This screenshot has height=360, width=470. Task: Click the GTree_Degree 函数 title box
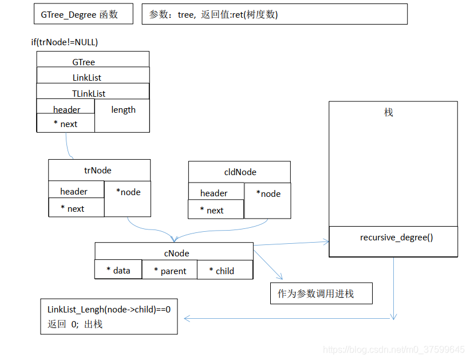[84, 14]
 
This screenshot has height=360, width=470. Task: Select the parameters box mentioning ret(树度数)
[274, 14]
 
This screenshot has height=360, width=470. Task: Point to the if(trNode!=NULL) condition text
[65, 42]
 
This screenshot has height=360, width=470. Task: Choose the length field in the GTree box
[123, 110]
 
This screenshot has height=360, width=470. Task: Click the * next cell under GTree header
[66, 124]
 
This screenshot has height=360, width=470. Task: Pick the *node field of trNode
[128, 192]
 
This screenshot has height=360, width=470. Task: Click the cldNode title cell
[240, 172]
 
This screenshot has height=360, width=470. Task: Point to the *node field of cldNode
[268, 194]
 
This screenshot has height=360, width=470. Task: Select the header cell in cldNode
[214, 193]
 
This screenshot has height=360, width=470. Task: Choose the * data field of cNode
[119, 270]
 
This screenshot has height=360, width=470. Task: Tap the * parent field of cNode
[170, 271]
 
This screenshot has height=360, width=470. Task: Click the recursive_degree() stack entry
[396, 237]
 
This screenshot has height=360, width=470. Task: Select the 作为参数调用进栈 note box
[321, 294]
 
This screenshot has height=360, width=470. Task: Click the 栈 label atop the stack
[389, 113]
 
